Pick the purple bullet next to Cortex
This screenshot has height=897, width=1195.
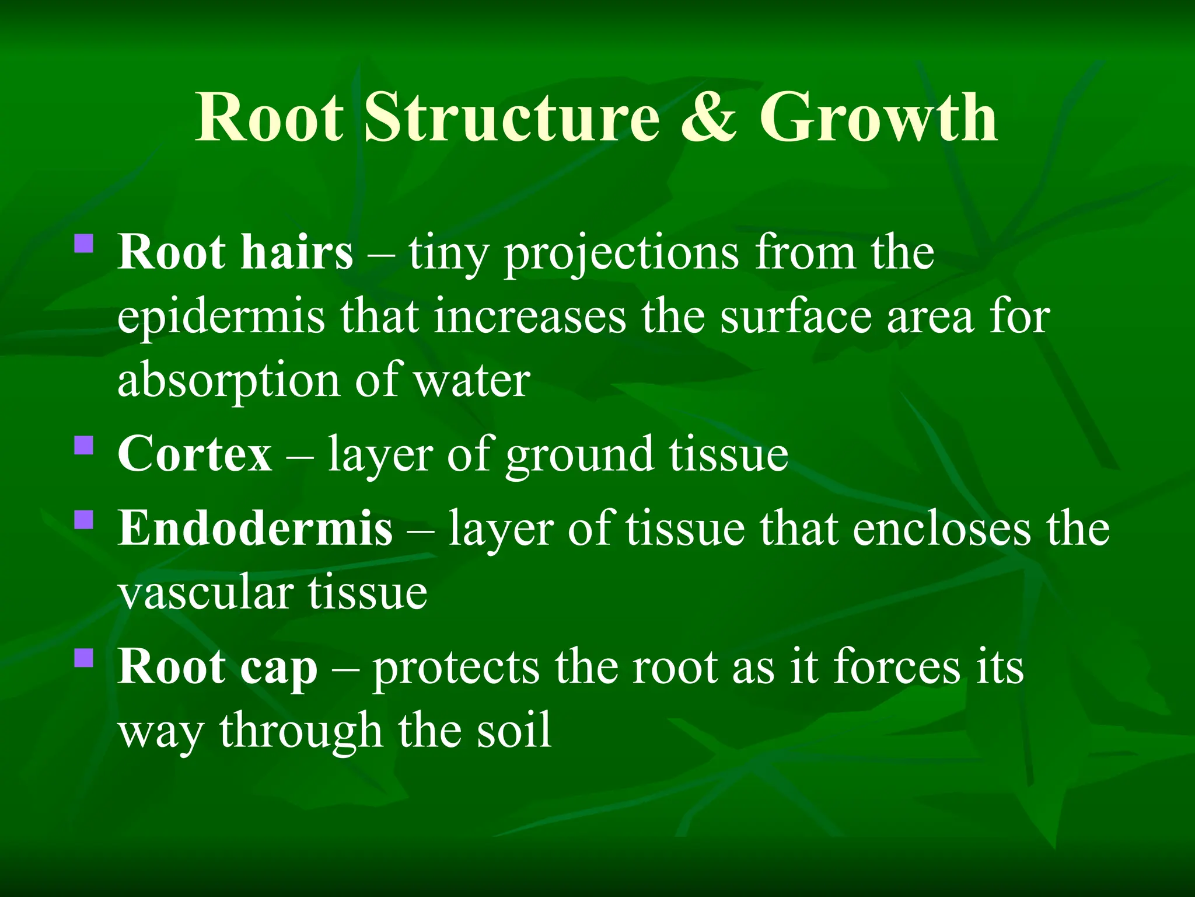click(84, 446)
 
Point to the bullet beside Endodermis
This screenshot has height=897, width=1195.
click(84, 519)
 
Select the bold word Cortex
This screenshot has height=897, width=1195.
click(194, 454)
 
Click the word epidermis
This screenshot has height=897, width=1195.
click(221, 318)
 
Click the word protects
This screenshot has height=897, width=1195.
click(456, 668)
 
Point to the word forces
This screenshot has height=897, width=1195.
click(896, 667)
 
